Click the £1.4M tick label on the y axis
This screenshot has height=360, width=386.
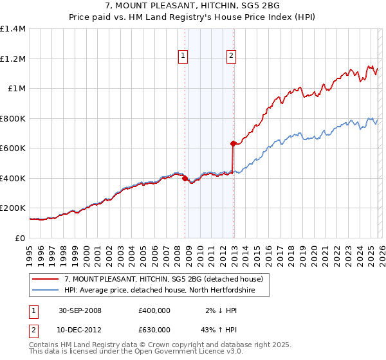tap(13, 29)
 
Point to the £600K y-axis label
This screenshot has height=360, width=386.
tap(13, 148)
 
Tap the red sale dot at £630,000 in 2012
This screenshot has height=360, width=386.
tap(233, 144)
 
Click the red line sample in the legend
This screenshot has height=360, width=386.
tap(45, 280)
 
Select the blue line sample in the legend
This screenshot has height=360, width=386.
tap(45, 290)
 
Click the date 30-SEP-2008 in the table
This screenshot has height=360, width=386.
tap(80, 310)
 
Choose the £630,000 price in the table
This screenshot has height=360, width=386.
tap(154, 332)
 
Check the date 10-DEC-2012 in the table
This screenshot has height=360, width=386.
tap(80, 332)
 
